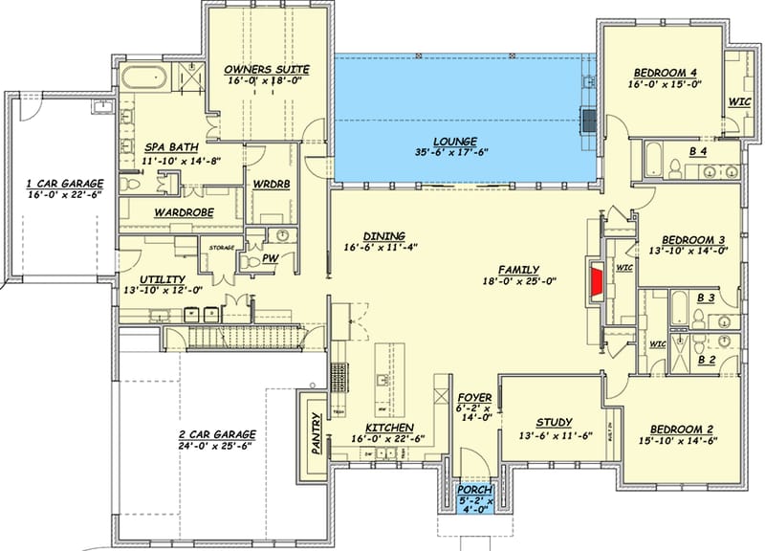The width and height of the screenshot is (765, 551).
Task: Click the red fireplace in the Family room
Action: [x=597, y=282]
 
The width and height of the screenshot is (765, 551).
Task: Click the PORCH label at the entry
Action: [x=475, y=487]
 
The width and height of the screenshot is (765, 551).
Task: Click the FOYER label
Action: [x=475, y=397]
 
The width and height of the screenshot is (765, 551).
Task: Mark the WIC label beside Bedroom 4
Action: [x=738, y=99]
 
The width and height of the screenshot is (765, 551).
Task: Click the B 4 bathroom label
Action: [x=699, y=151]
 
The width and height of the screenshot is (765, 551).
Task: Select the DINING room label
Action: [x=384, y=235]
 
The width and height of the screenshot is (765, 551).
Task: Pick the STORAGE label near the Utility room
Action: [x=221, y=248]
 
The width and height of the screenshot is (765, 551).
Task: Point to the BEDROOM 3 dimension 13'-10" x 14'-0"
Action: [x=689, y=251]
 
